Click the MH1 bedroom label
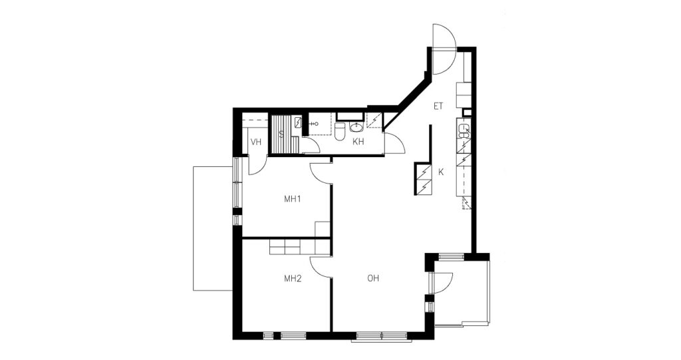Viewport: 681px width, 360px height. click(293, 199)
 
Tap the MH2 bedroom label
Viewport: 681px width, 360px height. click(293, 279)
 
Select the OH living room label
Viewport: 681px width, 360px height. click(373, 278)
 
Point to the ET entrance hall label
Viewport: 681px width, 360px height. click(438, 106)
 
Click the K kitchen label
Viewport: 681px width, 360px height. click(441, 172)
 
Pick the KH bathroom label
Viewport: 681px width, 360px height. click(358, 142)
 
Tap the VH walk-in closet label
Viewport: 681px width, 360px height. click(256, 142)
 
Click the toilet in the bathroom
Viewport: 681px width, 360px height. click(340, 131)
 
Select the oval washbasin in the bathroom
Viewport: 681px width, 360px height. click(356, 127)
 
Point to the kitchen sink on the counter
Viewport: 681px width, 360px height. click(464, 132)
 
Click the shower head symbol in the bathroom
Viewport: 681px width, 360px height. click(311, 124)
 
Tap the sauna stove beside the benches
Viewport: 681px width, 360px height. click(299, 122)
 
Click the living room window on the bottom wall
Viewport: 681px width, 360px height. click(381, 336)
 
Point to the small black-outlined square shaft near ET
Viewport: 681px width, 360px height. click(466, 112)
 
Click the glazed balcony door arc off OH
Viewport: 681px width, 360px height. click(448, 280)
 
